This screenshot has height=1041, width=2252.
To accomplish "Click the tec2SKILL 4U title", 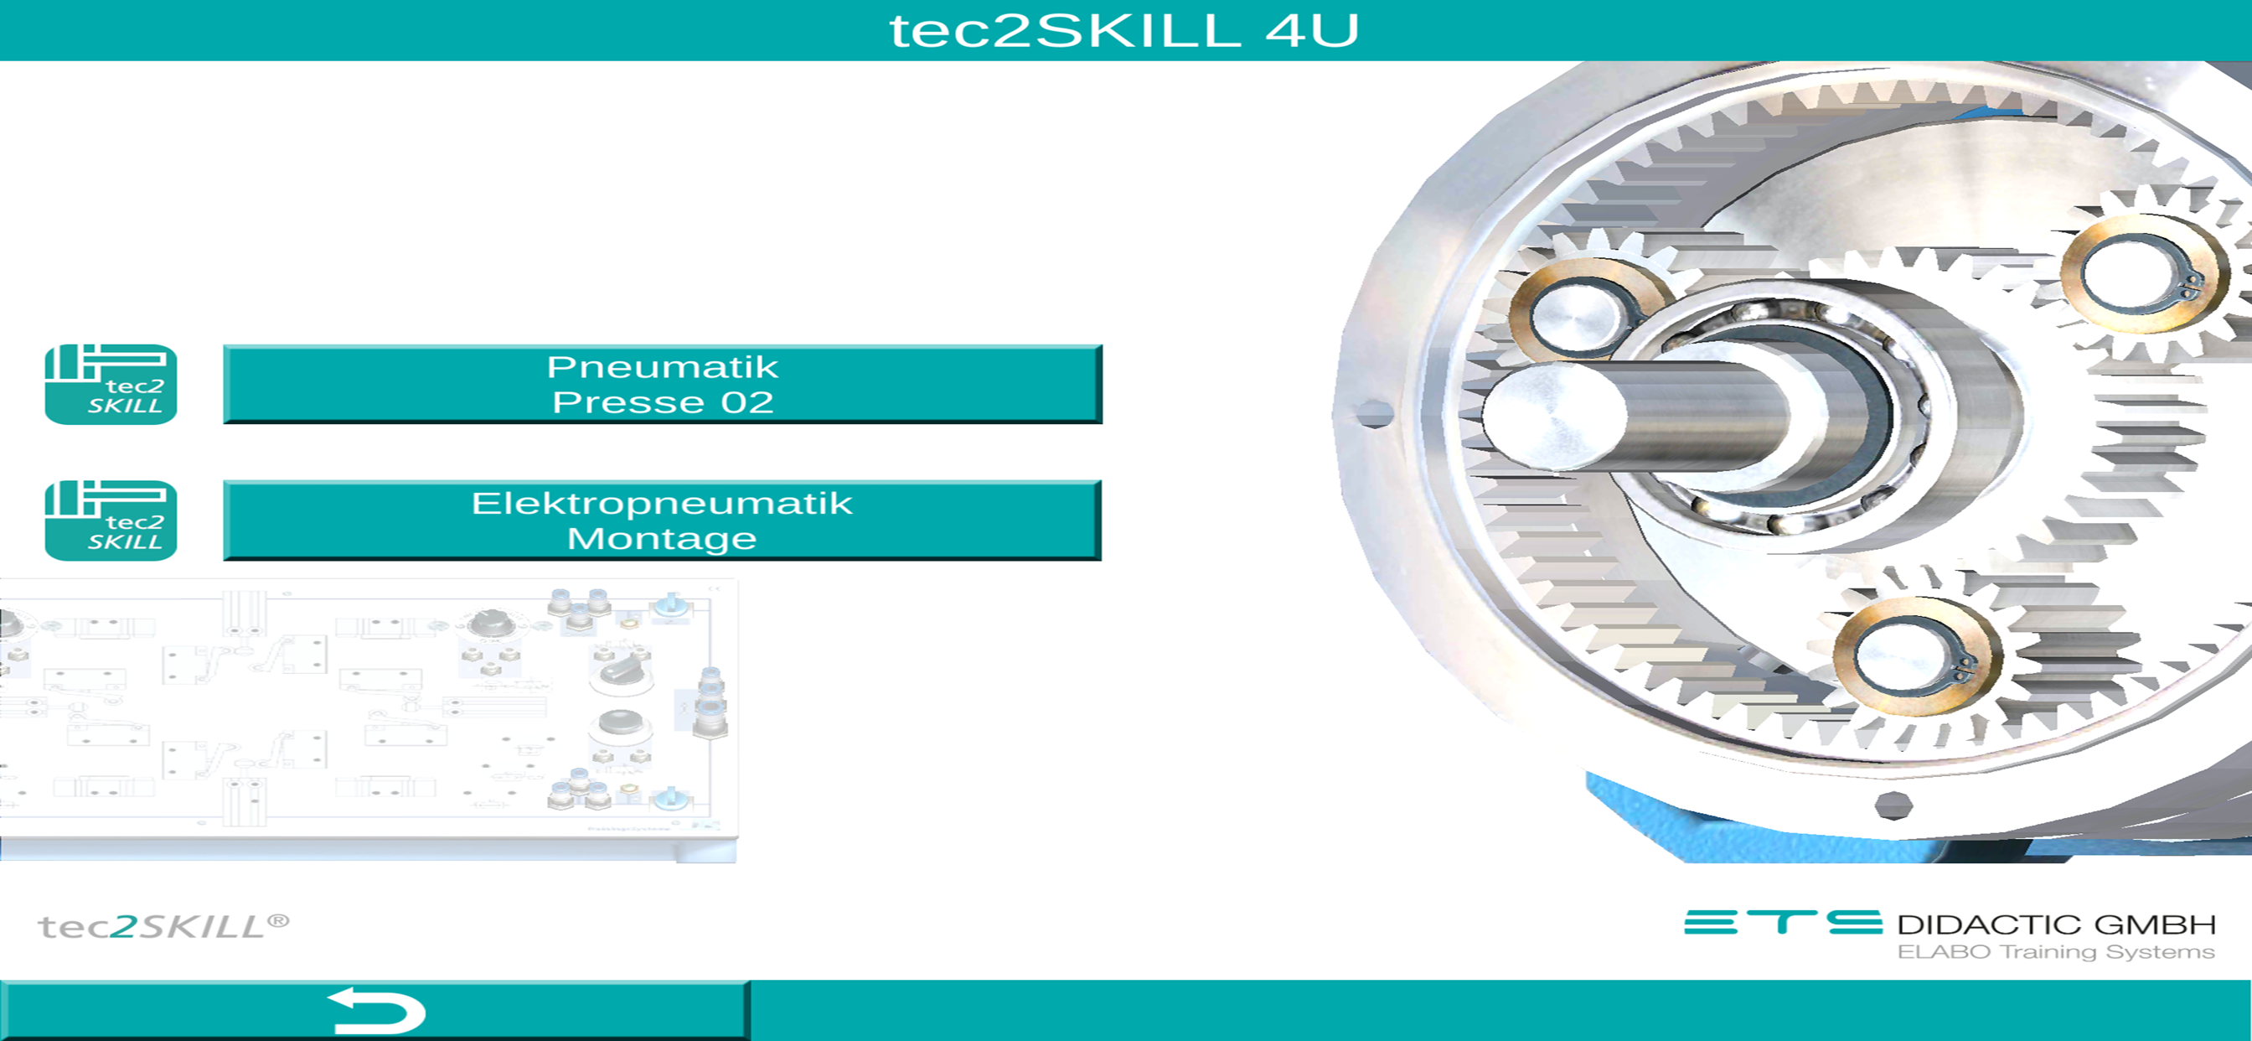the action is point(1124,31).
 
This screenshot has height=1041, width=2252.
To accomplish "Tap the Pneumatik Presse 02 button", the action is point(663,384).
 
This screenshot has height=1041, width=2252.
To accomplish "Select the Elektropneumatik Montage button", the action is point(663,520).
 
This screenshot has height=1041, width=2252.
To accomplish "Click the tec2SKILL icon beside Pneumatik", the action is point(111,384).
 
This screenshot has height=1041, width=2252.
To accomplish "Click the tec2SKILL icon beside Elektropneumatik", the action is point(111,520).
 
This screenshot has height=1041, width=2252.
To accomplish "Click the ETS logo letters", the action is point(1783,923).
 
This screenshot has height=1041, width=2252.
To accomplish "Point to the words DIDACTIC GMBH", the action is point(2056,924).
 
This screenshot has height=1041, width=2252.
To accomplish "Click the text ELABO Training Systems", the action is point(2056,952).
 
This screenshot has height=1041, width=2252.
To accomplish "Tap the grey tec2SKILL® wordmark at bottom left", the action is point(163,926).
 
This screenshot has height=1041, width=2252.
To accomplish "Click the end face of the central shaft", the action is point(1553,419).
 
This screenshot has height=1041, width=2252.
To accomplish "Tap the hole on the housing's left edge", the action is point(1373,413).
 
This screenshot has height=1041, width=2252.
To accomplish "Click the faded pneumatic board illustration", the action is point(368,720).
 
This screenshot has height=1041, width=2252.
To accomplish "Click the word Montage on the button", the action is point(662,539).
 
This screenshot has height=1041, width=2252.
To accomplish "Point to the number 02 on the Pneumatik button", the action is point(747,402).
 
